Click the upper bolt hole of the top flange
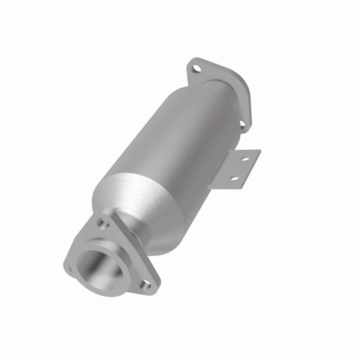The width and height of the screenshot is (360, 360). point(196,69)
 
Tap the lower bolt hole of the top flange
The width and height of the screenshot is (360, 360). point(242,123)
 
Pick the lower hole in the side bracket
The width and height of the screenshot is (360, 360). point(234,178)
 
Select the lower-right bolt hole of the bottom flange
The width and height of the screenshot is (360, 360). point(145,284)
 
